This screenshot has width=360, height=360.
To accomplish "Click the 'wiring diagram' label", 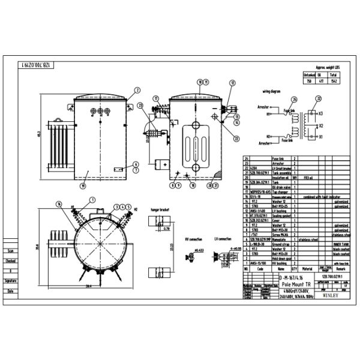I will click(x=272, y=92).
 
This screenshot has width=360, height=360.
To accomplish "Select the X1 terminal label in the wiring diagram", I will click(x=322, y=137).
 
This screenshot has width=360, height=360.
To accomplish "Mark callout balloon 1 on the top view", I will click(x=92, y=199).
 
